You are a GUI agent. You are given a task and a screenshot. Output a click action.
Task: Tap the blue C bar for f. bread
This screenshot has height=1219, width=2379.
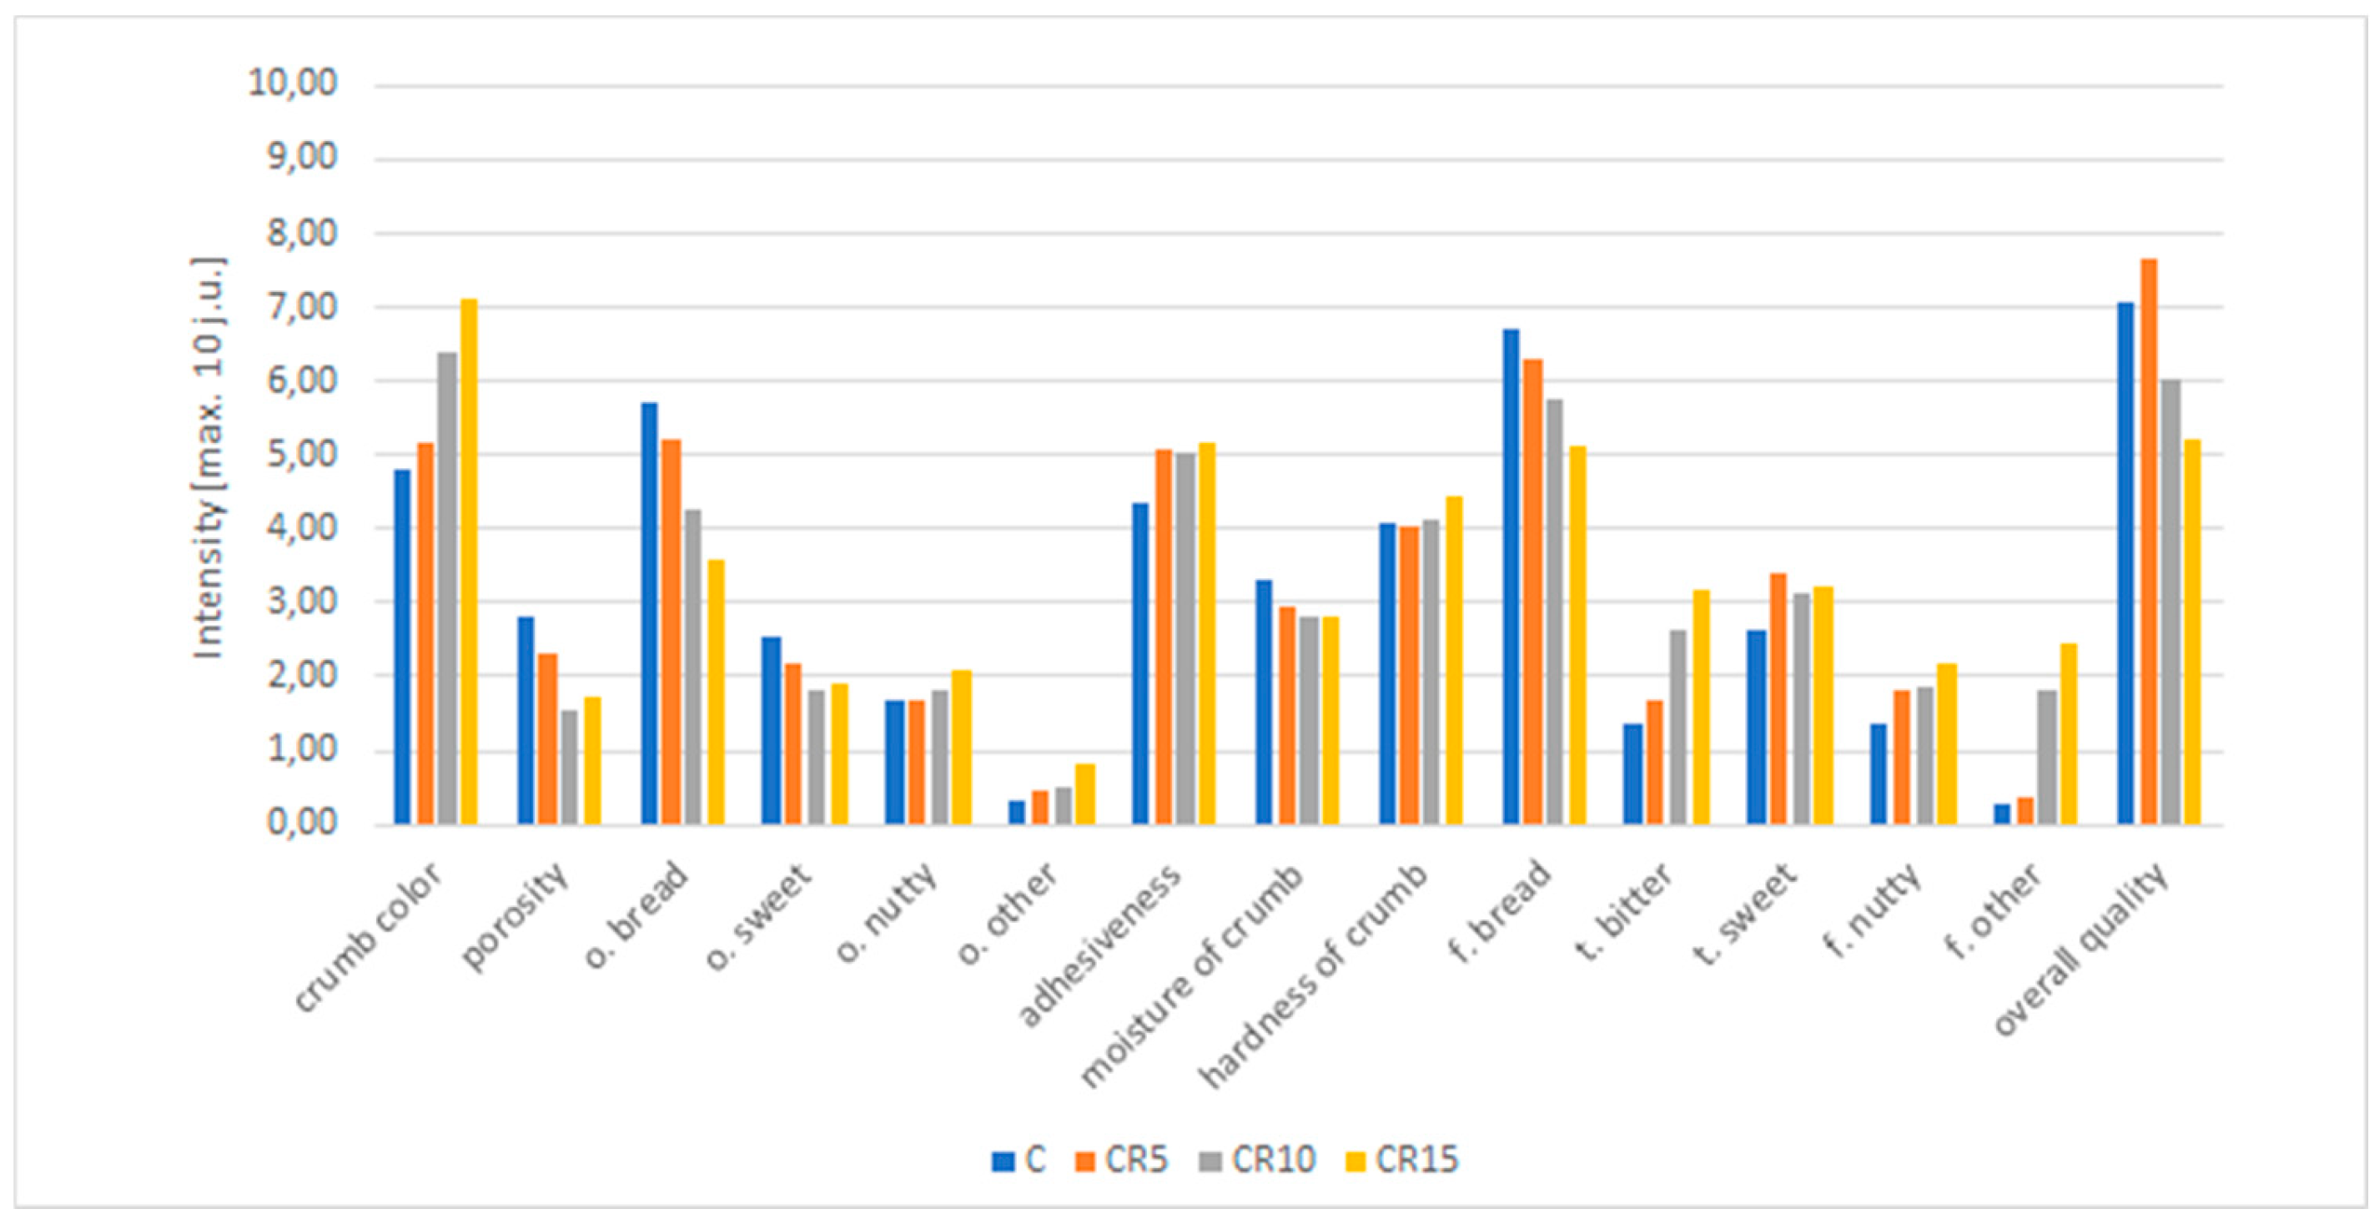pos(1511,577)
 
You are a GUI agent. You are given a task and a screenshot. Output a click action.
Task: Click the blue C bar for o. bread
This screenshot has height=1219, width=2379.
pos(649,613)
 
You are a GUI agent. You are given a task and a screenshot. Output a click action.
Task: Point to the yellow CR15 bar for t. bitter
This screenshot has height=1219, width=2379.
pos(1701,707)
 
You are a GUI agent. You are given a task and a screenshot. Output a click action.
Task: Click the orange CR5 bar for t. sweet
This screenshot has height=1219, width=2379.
pos(1778,698)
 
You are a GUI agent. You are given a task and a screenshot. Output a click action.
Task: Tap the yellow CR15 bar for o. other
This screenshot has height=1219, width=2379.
pos(1085,794)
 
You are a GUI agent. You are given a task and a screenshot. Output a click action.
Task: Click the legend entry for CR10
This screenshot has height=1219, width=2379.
pos(1257,1160)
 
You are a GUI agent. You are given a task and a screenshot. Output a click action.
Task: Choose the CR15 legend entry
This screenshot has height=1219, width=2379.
pos(1401,1160)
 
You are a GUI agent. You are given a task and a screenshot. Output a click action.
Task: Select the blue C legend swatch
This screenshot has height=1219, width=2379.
pos(1002,1161)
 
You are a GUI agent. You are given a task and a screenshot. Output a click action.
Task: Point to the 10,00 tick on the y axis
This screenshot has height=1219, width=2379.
pos(292,84)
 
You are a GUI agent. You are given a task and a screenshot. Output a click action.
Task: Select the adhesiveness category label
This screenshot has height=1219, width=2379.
pos(1099,946)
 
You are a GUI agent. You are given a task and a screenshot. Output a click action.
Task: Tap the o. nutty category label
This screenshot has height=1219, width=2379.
pos(887,913)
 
